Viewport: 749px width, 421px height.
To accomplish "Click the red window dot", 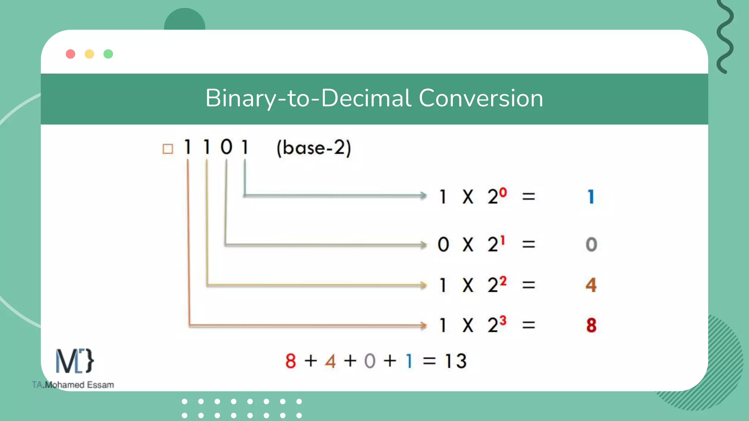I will point(71,54).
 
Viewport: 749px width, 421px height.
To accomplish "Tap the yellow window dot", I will point(89,54).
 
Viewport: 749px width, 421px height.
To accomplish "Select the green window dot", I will point(108,54).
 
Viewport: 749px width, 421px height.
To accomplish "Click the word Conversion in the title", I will point(481,98).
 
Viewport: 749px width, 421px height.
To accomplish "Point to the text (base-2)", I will point(314,148).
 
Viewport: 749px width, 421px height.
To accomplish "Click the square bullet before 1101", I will point(168,149).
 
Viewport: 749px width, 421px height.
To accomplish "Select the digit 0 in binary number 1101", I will point(226,147).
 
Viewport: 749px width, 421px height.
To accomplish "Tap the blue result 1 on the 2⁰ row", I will point(591,197).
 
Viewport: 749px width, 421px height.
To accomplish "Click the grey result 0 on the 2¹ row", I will point(591,244).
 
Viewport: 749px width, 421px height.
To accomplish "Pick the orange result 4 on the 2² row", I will point(591,285).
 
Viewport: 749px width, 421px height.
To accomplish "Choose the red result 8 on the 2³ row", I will point(591,325).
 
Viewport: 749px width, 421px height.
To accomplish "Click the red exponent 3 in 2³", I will point(503,321).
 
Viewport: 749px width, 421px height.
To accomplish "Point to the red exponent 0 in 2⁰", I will point(503,192).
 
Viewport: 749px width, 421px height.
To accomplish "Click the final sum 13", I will point(456,361).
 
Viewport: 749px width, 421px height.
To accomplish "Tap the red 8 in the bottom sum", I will point(291,361).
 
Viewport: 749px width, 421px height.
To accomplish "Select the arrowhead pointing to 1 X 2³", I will point(424,325).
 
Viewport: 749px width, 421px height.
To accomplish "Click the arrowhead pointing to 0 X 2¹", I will point(424,244).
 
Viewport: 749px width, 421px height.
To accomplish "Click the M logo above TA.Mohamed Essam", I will point(75,361).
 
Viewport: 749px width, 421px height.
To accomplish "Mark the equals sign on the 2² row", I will point(528,285).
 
